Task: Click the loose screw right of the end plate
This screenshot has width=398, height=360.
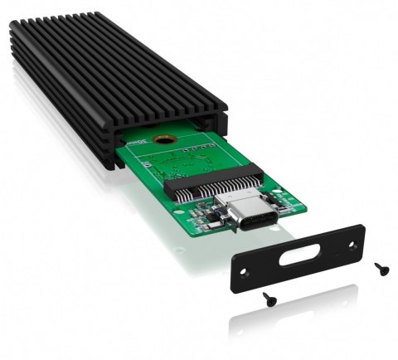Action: (380, 268)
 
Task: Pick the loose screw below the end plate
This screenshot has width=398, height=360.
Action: (270, 296)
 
